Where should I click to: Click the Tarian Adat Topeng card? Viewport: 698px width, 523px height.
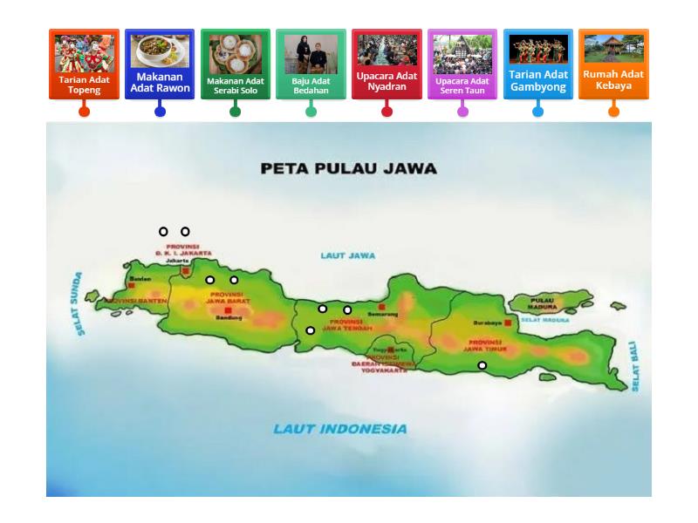[x=84, y=65]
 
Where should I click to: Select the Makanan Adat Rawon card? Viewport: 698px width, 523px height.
[x=160, y=65]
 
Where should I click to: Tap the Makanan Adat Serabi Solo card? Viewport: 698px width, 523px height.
[x=236, y=65]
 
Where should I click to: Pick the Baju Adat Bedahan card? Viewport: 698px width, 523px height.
[x=311, y=65]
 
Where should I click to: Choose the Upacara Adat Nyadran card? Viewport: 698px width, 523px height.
[x=387, y=65]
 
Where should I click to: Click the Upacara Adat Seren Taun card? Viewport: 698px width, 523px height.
[x=462, y=65]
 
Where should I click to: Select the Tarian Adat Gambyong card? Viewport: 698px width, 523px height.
[x=537, y=65]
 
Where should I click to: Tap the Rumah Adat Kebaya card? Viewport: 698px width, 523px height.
[x=613, y=65]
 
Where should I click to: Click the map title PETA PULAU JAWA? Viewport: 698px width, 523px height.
[x=348, y=169]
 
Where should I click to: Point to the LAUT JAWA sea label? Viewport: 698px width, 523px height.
[x=347, y=255]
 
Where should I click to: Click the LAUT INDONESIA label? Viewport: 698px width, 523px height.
[x=339, y=429]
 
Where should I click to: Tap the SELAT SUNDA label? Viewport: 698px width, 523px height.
[x=79, y=303]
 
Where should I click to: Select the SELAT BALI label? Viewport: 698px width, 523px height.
[x=635, y=366]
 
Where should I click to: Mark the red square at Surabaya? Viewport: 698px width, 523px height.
[x=508, y=323]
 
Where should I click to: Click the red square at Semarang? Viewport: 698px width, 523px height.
[x=381, y=307]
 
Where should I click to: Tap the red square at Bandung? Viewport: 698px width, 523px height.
[x=228, y=310]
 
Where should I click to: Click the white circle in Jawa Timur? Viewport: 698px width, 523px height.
[x=482, y=365]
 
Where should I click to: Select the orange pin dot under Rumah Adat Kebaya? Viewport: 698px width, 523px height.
[x=613, y=112]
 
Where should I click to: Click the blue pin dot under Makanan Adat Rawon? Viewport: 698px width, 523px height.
[x=160, y=112]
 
